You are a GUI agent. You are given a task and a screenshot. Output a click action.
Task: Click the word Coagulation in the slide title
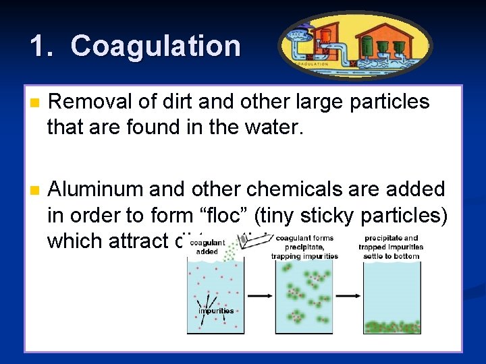pos(155,47)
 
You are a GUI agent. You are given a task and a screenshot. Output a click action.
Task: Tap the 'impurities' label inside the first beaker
pos(216,311)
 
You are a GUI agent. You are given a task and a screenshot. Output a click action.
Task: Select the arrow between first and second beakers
pos(259,295)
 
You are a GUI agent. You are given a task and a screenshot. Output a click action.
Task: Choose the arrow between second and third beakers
pos(348,295)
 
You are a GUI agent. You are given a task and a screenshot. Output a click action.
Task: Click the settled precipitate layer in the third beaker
pos(392,327)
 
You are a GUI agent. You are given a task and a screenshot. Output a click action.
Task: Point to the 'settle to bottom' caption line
pos(392,255)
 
